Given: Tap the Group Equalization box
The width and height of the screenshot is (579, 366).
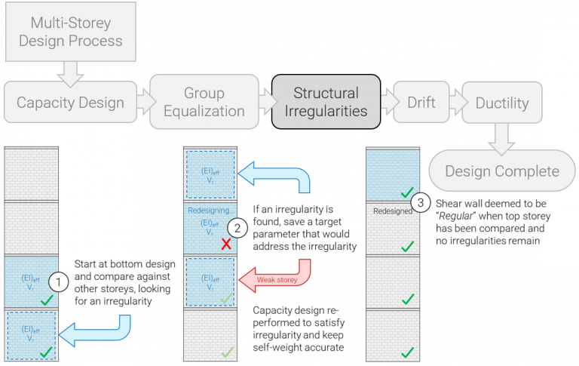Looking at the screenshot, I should coord(204,102).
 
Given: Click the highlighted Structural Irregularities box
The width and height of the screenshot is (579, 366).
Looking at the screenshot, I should coord(326,102).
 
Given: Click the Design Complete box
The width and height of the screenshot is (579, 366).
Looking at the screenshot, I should coord(501,171).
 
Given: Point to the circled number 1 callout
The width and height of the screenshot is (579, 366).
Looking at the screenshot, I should coord(59,282).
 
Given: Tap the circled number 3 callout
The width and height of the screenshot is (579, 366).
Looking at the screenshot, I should coord(420,202).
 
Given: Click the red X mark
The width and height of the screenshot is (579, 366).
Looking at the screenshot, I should coord(224,245).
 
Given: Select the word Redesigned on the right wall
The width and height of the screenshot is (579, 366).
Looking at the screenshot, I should coord(391,211).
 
